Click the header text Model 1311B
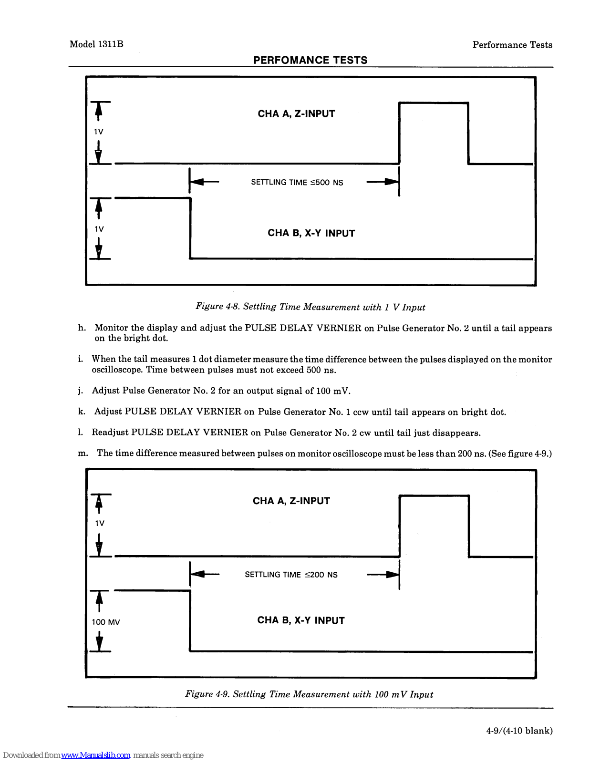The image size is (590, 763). (x=96, y=44)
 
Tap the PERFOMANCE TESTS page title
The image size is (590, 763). (x=310, y=60)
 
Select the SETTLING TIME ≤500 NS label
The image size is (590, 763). (x=297, y=182)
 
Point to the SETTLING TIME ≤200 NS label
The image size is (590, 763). (x=291, y=575)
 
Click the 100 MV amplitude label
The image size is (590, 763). (x=105, y=622)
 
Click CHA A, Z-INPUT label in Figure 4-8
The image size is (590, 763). (x=296, y=113)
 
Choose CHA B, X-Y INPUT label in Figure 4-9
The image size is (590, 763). (x=300, y=620)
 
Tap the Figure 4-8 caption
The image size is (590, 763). (x=310, y=307)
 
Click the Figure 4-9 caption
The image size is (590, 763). (x=309, y=694)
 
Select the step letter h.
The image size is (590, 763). (x=82, y=328)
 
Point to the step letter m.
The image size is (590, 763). (x=83, y=453)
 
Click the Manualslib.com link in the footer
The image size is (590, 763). (x=95, y=755)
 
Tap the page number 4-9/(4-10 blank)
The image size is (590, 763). (x=519, y=731)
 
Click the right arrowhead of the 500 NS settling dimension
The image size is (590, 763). (x=392, y=182)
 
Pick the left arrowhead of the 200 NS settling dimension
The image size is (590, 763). (x=197, y=574)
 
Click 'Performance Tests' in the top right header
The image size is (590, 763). (x=512, y=45)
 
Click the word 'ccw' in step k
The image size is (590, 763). (x=360, y=412)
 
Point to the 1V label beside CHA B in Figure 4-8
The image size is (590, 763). (x=99, y=229)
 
